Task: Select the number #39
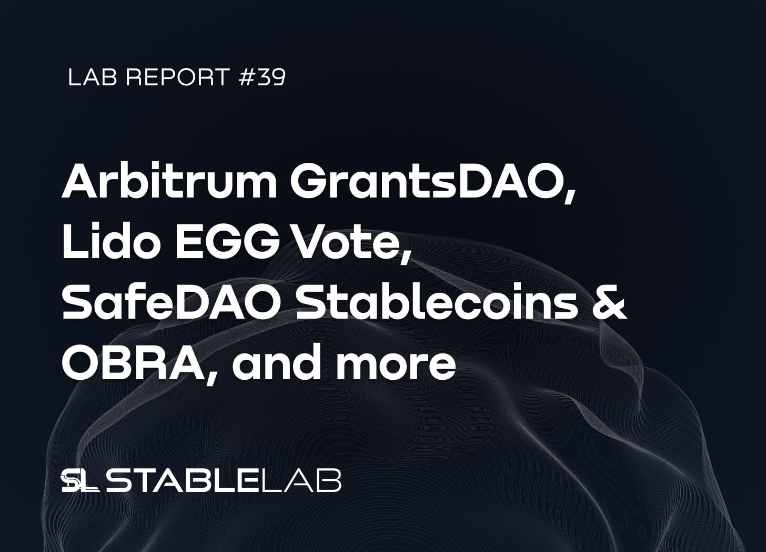pyautogui.click(x=262, y=77)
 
